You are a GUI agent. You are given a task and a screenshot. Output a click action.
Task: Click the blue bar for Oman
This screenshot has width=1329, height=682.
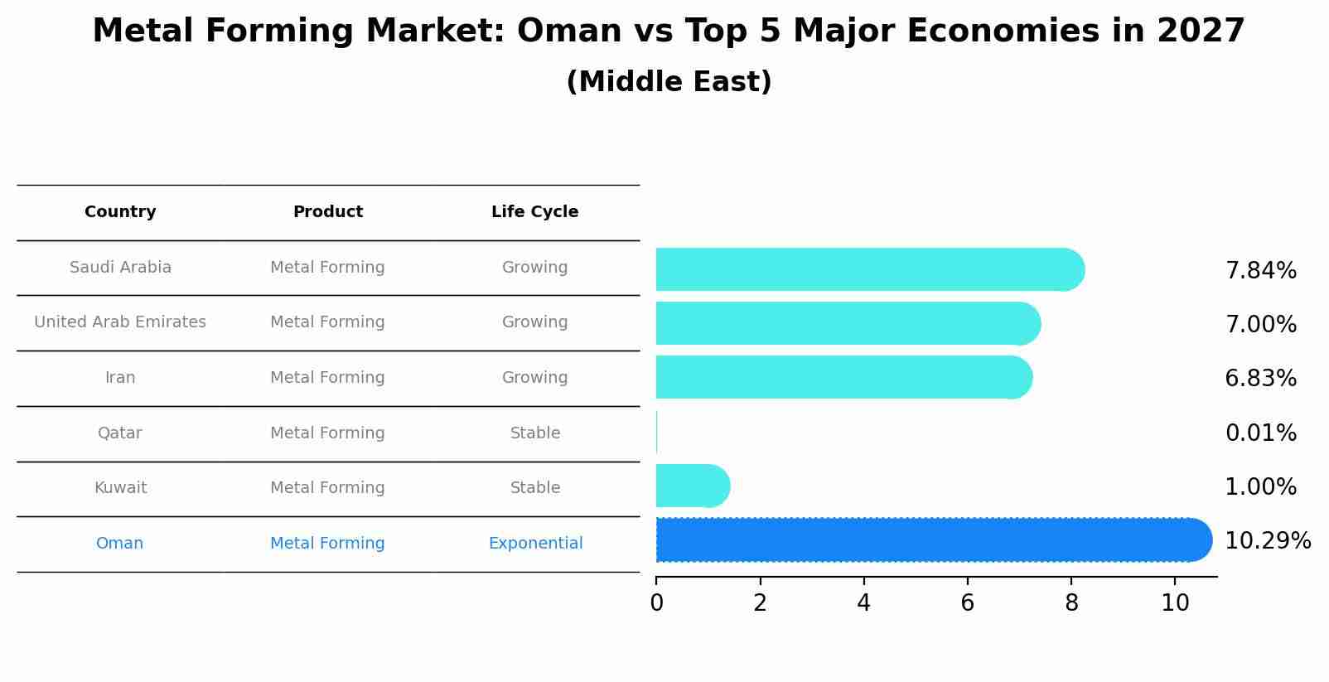coord(928,540)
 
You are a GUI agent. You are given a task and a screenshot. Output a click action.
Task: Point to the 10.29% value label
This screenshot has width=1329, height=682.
coord(1267,541)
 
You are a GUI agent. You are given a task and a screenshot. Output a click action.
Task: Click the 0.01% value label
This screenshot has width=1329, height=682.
coord(1260,433)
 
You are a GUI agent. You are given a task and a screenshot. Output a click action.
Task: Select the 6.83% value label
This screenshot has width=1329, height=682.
coord(1260,379)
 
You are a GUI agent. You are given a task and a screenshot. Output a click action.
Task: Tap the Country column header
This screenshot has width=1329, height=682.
coord(120,212)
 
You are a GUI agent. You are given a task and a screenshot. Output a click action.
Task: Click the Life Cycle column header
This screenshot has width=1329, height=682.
coord(534,212)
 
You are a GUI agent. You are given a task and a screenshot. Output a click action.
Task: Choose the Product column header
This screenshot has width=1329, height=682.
coord(327,212)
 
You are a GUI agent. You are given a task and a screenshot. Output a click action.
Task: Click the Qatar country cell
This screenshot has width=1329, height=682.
coord(120,433)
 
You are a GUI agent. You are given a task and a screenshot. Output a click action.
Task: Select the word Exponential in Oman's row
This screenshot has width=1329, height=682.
coord(535,544)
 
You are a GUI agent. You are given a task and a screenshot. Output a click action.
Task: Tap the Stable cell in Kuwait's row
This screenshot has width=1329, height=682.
coord(534,488)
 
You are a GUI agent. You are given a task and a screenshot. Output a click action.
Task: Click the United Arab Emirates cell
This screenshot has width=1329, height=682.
coord(120,322)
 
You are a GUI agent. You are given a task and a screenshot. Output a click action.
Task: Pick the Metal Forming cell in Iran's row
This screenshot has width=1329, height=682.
coord(327,378)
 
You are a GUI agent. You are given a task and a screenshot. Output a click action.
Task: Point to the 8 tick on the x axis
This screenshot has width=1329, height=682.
coord(1071,603)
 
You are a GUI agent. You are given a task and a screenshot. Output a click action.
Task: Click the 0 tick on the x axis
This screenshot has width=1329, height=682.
coord(656,603)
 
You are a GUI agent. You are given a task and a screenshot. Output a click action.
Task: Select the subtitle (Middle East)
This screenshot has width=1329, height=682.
coord(669,82)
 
